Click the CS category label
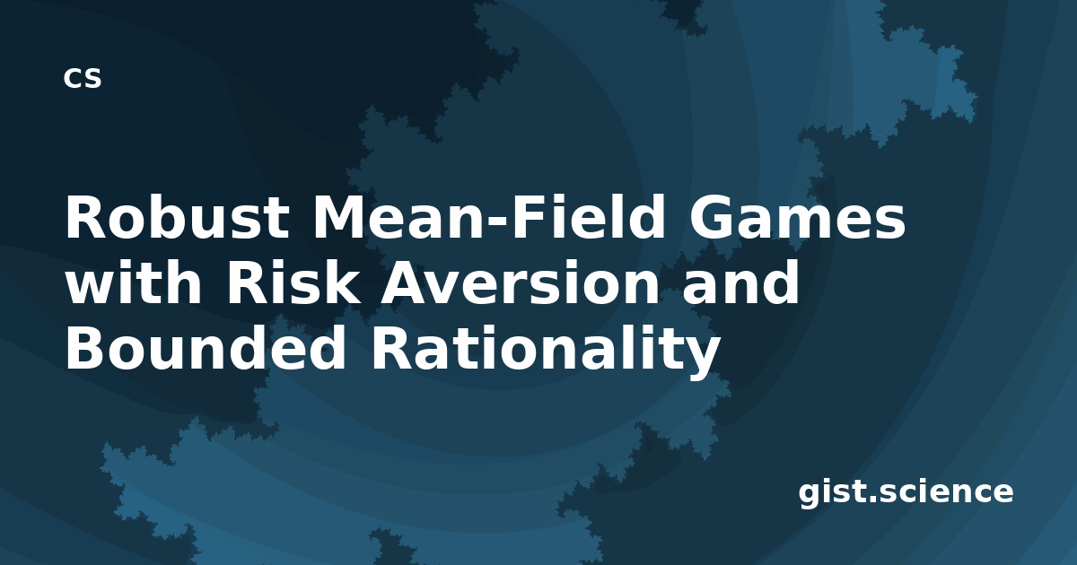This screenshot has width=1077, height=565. click(x=83, y=78)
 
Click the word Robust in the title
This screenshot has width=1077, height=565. click(x=178, y=217)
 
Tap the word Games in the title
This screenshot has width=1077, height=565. click(x=797, y=217)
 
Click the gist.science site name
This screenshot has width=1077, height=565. click(x=906, y=492)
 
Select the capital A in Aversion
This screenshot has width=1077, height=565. click(x=407, y=282)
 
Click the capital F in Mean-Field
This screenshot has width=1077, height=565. click(x=528, y=217)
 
